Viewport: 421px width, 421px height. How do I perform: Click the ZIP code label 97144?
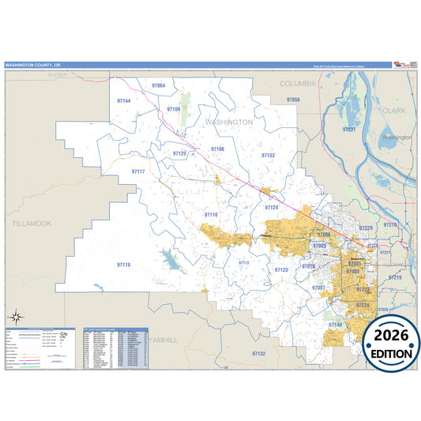pos(123,102)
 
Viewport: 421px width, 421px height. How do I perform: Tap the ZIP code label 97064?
pos(159,85)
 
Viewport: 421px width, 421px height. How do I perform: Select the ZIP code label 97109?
pos(174,109)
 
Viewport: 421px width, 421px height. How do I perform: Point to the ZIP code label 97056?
pos(292,100)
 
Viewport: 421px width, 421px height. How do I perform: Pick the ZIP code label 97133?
pos(268,156)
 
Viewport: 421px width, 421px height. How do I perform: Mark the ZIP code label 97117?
pos(138,171)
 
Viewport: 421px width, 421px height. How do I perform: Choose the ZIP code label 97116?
pos(211,215)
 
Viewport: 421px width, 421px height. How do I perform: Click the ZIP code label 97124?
pos(272,207)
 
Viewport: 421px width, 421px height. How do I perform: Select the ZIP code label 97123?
pos(281,270)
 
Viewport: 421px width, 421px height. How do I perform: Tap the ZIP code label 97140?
pos(334,325)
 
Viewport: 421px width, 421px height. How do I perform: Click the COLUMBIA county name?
pos(297,82)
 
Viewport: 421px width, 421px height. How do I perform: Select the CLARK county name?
pos(393,111)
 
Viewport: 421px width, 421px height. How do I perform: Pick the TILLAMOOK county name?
pos(32,224)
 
